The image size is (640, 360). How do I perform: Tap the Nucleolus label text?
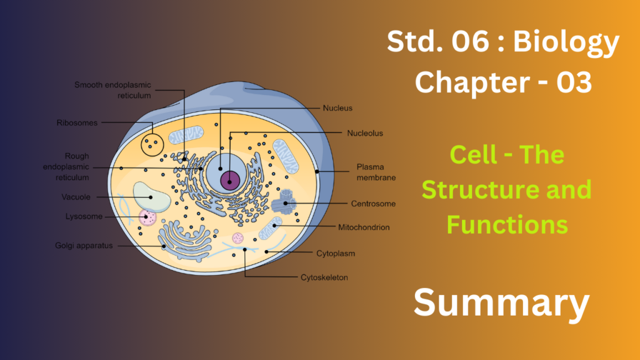pos(365,133)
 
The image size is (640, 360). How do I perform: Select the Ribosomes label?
pos(77,123)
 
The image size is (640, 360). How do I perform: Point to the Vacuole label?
pos(76,197)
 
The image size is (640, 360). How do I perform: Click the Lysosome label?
pos(84,217)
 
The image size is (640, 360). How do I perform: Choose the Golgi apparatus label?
pos(83,246)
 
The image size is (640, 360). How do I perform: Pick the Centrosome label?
pos(373,204)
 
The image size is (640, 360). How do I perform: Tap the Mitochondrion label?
pos(364,227)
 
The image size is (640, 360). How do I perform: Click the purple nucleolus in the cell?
pos(231,182)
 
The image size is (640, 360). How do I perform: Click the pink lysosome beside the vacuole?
pos(148,217)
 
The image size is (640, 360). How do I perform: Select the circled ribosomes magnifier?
pos(152,145)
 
